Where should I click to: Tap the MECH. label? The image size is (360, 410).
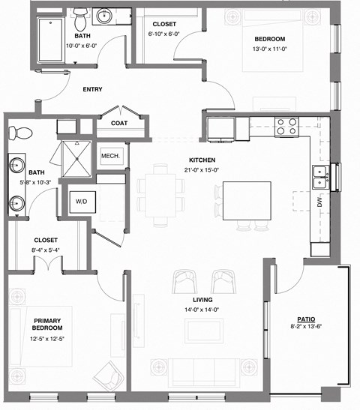pos(111,157)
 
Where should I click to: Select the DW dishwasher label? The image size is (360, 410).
pos(319,202)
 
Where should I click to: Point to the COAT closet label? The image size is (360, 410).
pos(118,124)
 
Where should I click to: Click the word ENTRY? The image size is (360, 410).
pos(92,89)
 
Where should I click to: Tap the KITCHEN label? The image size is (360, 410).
pos(202,160)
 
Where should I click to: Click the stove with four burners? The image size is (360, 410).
pos(286,126)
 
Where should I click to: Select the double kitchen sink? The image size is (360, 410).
pos(320,177)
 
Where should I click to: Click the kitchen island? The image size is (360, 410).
pos(245,200)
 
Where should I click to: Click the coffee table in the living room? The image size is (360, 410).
pos(204,328)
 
